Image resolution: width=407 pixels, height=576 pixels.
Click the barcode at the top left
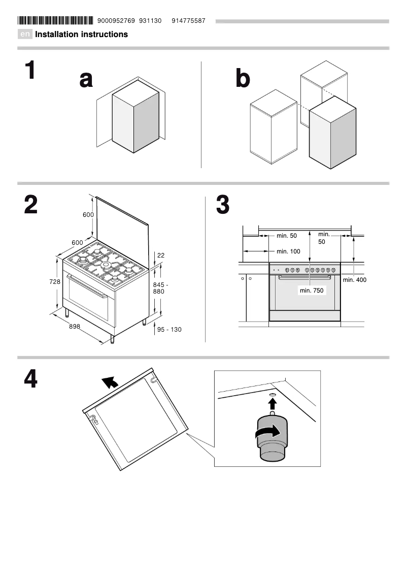(55, 21)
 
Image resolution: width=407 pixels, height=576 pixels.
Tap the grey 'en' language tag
(25, 35)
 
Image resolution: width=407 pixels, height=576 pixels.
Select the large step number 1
(30, 71)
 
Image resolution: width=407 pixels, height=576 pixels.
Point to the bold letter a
(86, 79)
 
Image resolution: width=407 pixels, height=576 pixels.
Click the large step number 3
(223, 206)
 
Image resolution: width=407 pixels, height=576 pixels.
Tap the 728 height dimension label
(55, 281)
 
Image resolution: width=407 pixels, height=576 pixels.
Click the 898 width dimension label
(75, 327)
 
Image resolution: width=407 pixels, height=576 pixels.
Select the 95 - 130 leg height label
(169, 330)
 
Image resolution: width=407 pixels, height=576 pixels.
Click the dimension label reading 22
(161, 255)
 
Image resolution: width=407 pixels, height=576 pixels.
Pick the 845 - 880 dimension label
(160, 289)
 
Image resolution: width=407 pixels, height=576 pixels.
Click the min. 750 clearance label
(312, 291)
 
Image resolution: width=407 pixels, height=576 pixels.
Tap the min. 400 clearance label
(354, 280)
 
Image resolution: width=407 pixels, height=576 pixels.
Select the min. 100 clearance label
(288, 251)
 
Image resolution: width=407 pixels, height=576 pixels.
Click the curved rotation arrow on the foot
(267, 432)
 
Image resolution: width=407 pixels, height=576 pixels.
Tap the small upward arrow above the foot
(273, 403)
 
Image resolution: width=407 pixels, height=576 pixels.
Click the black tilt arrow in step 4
(110, 382)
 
